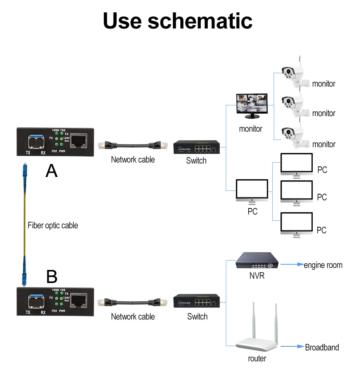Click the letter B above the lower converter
(x=52, y=277)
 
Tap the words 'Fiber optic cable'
(x=53, y=225)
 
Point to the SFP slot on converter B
(x=36, y=300)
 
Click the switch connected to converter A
(x=196, y=147)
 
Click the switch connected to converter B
(x=196, y=301)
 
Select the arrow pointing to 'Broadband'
(x=292, y=347)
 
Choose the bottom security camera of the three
(x=294, y=135)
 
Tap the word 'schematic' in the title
(x=200, y=21)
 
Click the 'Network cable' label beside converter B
(x=133, y=317)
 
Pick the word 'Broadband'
(x=322, y=348)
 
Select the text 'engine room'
(x=323, y=265)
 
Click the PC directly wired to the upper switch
(x=252, y=191)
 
